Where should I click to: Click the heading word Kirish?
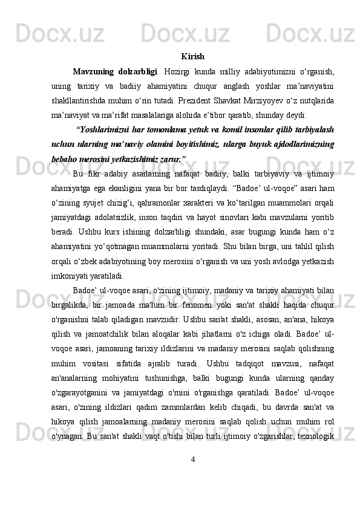click(192, 57)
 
